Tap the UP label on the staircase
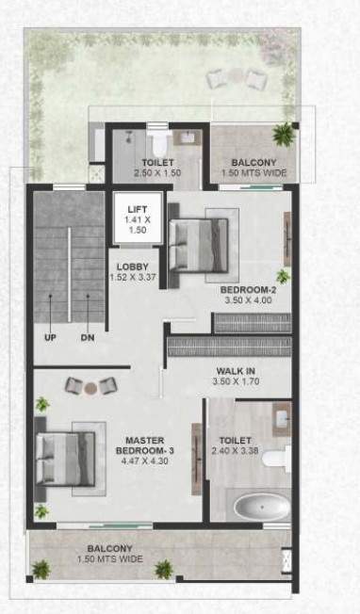[47, 337]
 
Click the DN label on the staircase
[88, 337]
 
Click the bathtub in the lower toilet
[260, 508]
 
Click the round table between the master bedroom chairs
[90, 387]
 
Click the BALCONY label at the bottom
[110, 548]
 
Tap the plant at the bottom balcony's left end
[41, 569]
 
